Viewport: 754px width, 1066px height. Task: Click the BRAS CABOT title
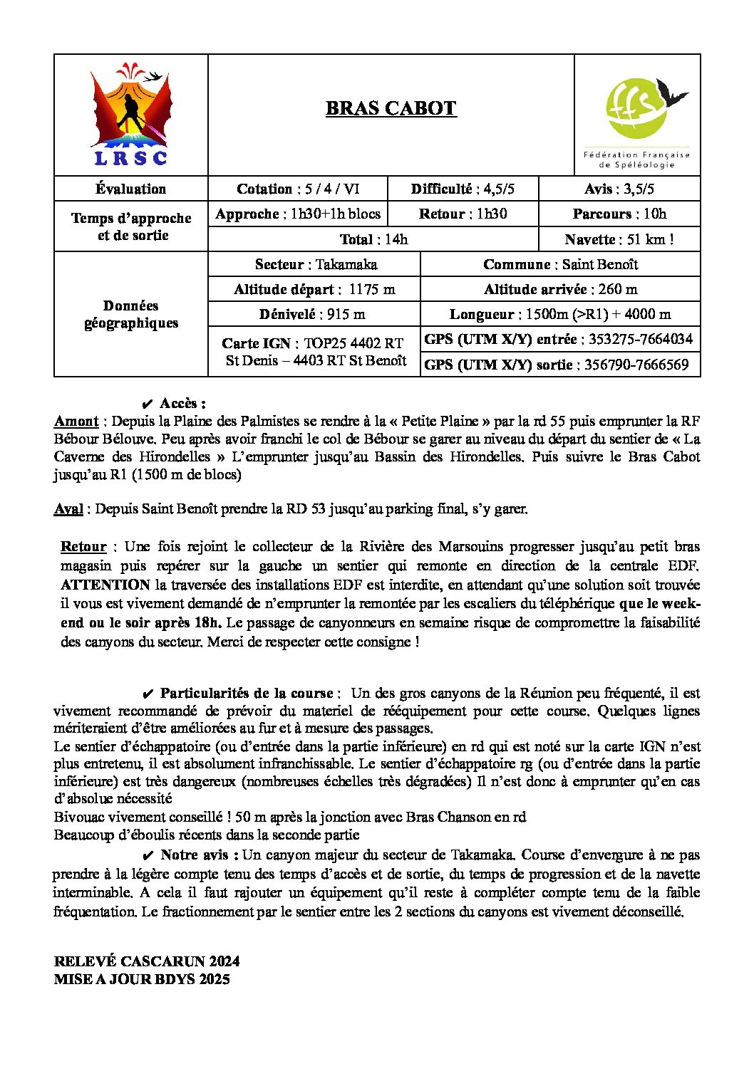(391, 108)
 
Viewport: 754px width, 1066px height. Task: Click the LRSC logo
(131, 115)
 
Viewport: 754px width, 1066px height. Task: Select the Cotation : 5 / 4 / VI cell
(298, 189)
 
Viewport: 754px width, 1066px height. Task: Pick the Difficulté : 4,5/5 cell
(463, 189)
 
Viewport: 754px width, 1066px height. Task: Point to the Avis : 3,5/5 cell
(619, 189)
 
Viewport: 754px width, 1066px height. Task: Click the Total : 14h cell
(373, 239)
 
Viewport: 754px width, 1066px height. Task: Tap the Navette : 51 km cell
(619, 239)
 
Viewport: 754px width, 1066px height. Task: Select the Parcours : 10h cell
(619, 214)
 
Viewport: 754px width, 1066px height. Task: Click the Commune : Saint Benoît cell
(560, 264)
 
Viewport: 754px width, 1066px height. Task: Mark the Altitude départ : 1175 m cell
(314, 289)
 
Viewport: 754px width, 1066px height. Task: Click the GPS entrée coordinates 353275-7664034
(639, 339)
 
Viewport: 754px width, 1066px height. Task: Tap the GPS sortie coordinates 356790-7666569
(636, 365)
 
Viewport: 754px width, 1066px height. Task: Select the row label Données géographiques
(131, 314)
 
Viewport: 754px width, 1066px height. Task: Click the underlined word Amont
(76, 421)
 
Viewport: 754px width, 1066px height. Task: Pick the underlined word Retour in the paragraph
(83, 546)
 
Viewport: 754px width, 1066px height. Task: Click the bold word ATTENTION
(105, 585)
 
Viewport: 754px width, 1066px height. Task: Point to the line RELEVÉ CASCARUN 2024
(146, 961)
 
